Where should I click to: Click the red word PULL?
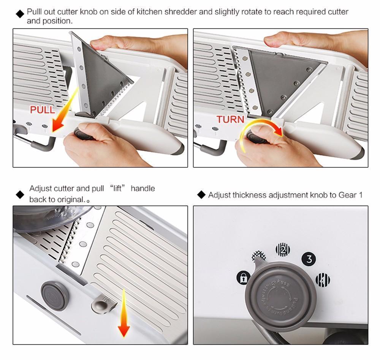[x=42, y=110]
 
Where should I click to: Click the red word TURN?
[x=230, y=119]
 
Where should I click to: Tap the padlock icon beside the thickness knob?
[x=243, y=278]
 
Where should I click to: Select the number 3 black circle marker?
[x=309, y=259]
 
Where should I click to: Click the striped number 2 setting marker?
[x=282, y=249]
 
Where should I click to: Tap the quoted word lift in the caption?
[x=117, y=188]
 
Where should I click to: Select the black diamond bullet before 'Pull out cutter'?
[x=20, y=14]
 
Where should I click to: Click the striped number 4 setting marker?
[x=323, y=280]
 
